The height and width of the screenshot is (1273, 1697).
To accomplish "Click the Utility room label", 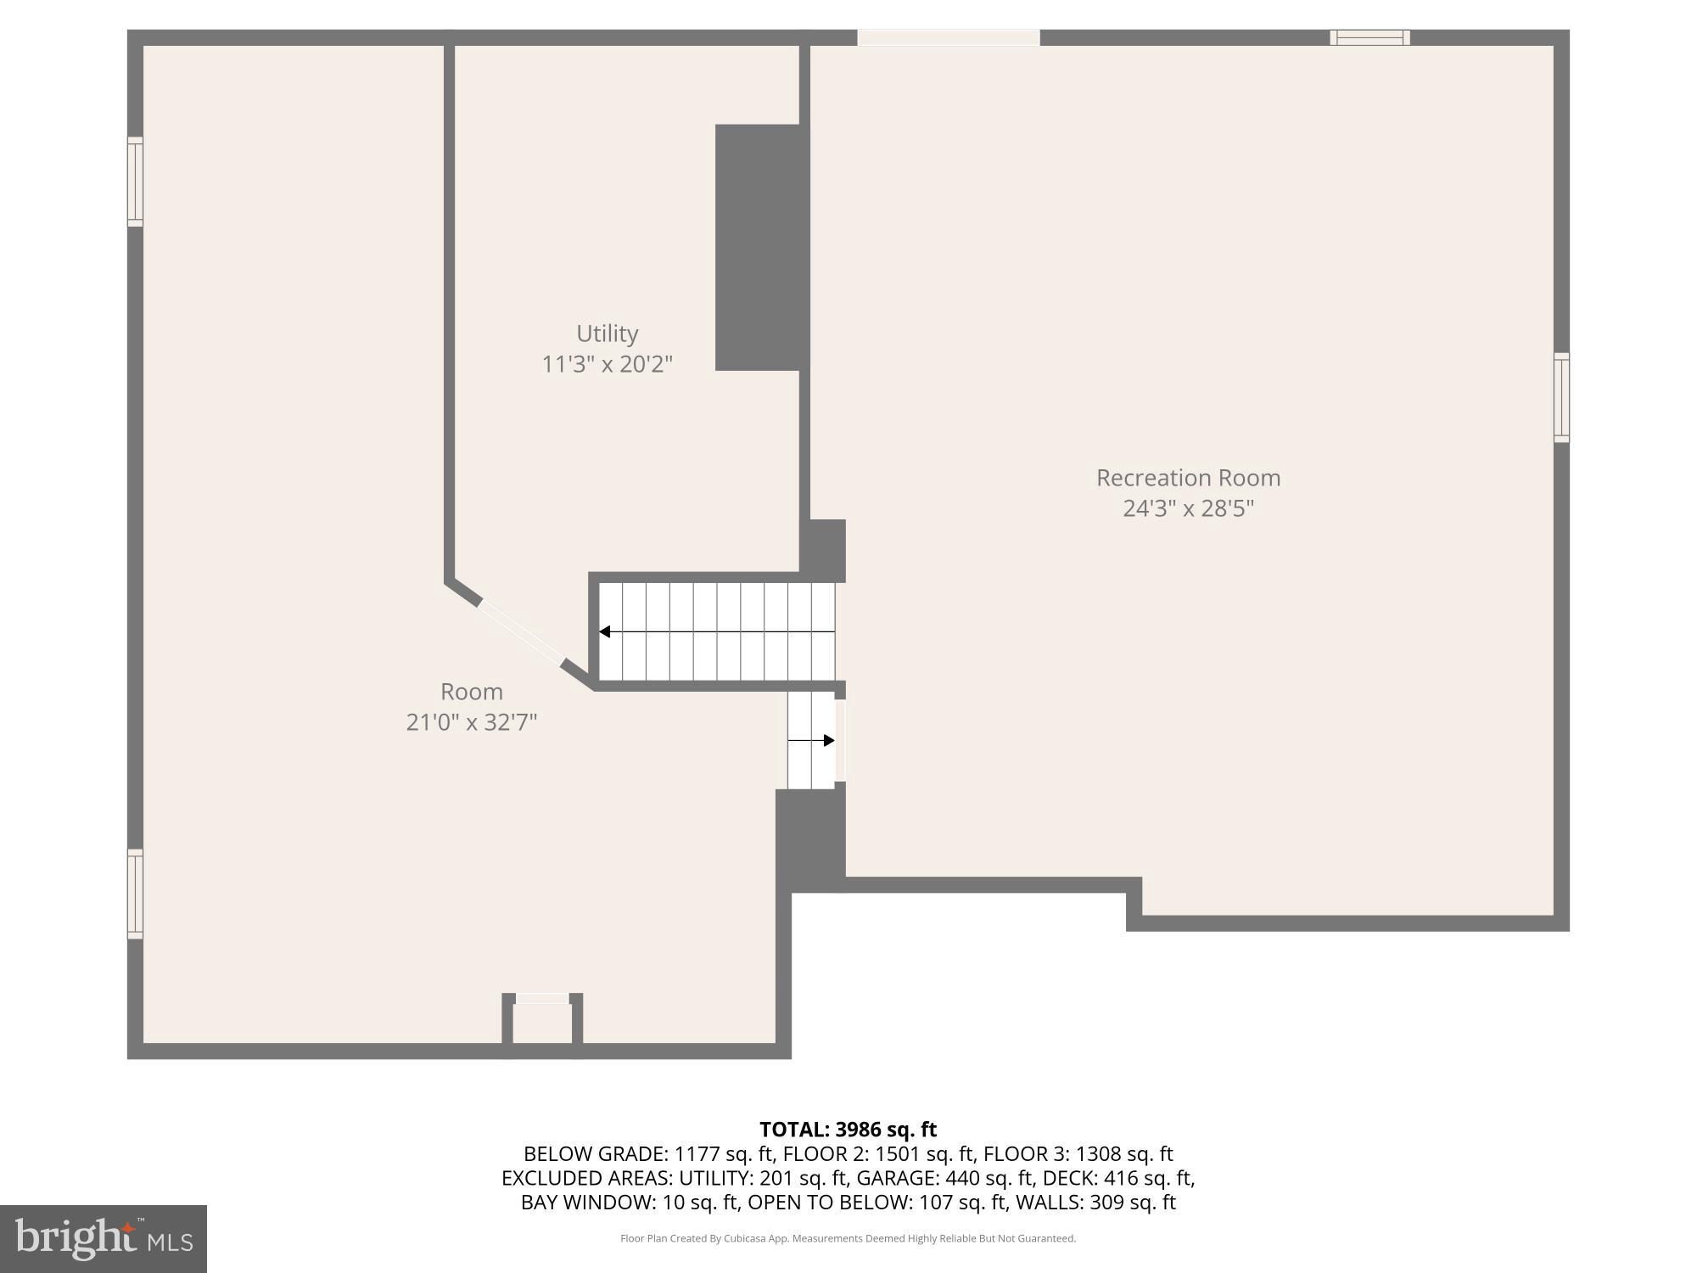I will (x=607, y=334).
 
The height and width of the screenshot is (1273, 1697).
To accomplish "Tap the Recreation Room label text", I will (x=1188, y=478).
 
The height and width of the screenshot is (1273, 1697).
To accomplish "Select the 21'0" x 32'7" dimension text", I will (x=472, y=722).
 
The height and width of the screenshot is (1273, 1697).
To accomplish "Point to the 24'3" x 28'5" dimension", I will (x=1188, y=508).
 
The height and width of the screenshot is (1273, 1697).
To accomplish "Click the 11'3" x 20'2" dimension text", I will (x=607, y=364).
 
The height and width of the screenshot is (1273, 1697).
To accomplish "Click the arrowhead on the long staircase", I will (x=605, y=631).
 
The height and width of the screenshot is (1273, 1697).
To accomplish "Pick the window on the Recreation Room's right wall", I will (x=1561, y=397).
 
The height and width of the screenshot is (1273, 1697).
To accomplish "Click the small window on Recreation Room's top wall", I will (x=1369, y=37).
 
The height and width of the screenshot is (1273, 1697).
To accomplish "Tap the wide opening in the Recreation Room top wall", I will (x=948, y=37).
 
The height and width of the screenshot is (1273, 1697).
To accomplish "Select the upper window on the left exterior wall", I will (x=135, y=182).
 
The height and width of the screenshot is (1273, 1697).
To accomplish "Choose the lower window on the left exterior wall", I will (x=135, y=894).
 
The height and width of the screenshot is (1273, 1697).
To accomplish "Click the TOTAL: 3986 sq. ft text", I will (x=848, y=1130).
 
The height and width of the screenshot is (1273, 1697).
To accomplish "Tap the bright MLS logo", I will (x=104, y=1238).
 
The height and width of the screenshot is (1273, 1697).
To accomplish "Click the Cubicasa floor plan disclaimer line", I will (x=848, y=1238).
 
